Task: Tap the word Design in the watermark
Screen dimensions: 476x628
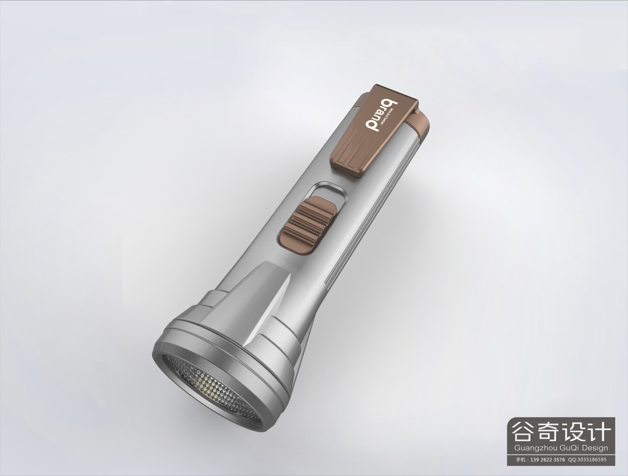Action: [x=593, y=448]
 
